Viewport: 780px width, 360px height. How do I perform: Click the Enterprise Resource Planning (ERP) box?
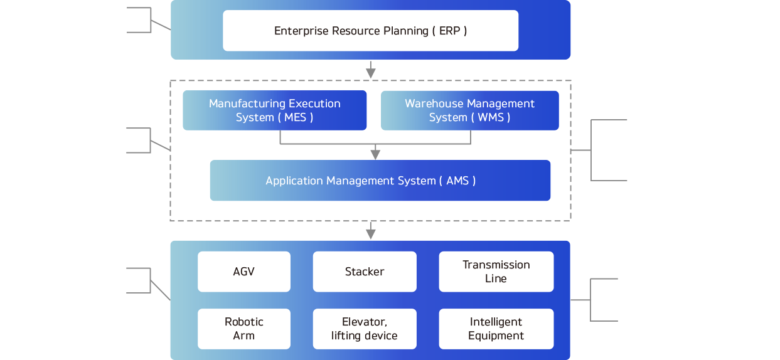[370, 31]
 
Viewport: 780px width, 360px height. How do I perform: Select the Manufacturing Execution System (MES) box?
[274, 110]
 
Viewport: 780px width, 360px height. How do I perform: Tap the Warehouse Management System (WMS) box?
[470, 110]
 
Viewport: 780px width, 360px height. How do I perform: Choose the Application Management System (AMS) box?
[380, 181]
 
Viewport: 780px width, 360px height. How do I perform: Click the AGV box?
[243, 272]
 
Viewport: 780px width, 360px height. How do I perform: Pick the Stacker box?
[365, 272]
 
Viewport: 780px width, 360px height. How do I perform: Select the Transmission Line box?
[496, 272]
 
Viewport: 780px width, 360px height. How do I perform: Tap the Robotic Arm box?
[243, 329]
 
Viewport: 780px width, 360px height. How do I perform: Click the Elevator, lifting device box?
[365, 329]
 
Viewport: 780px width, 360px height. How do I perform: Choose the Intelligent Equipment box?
[496, 329]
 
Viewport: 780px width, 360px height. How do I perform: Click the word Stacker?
[365, 272]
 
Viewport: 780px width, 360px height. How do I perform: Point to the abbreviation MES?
[295, 117]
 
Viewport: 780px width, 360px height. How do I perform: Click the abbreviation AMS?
[457, 181]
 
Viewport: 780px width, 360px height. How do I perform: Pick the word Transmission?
[496, 265]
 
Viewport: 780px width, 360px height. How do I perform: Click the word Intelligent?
[496, 322]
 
